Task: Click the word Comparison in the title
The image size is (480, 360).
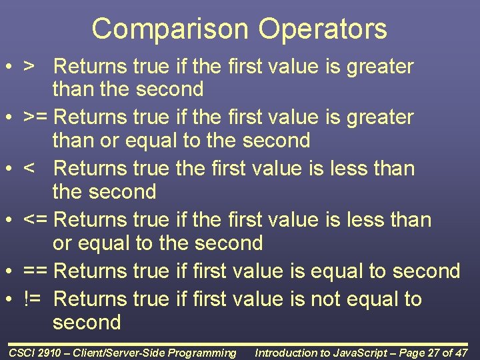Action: point(169,29)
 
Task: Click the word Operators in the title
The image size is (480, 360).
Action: point(323,29)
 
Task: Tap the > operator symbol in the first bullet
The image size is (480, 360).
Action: point(29,67)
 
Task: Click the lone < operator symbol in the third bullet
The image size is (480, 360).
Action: point(29,169)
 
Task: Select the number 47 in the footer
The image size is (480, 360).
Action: point(461,353)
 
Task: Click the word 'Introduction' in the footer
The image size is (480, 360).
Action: point(286,353)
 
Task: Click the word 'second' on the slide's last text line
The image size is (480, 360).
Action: point(87,323)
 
